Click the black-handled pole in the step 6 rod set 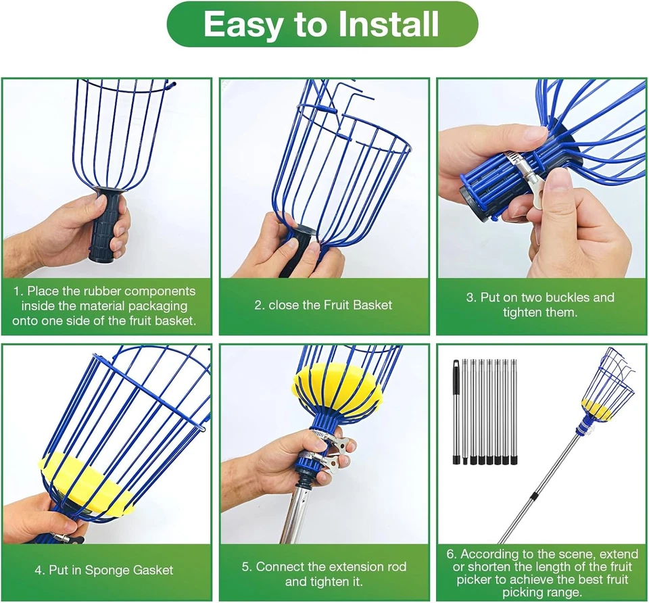[456, 412]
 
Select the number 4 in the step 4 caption [39, 570]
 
